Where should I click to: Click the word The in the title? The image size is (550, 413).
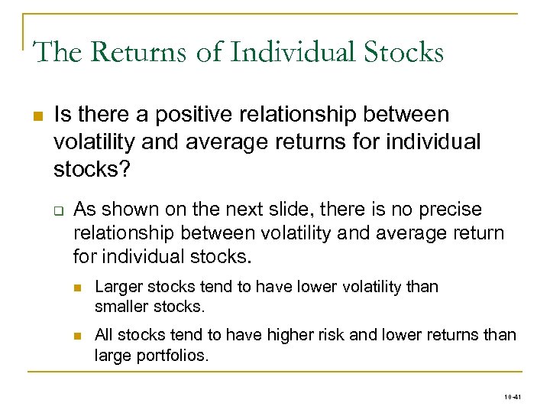(x=56, y=52)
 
